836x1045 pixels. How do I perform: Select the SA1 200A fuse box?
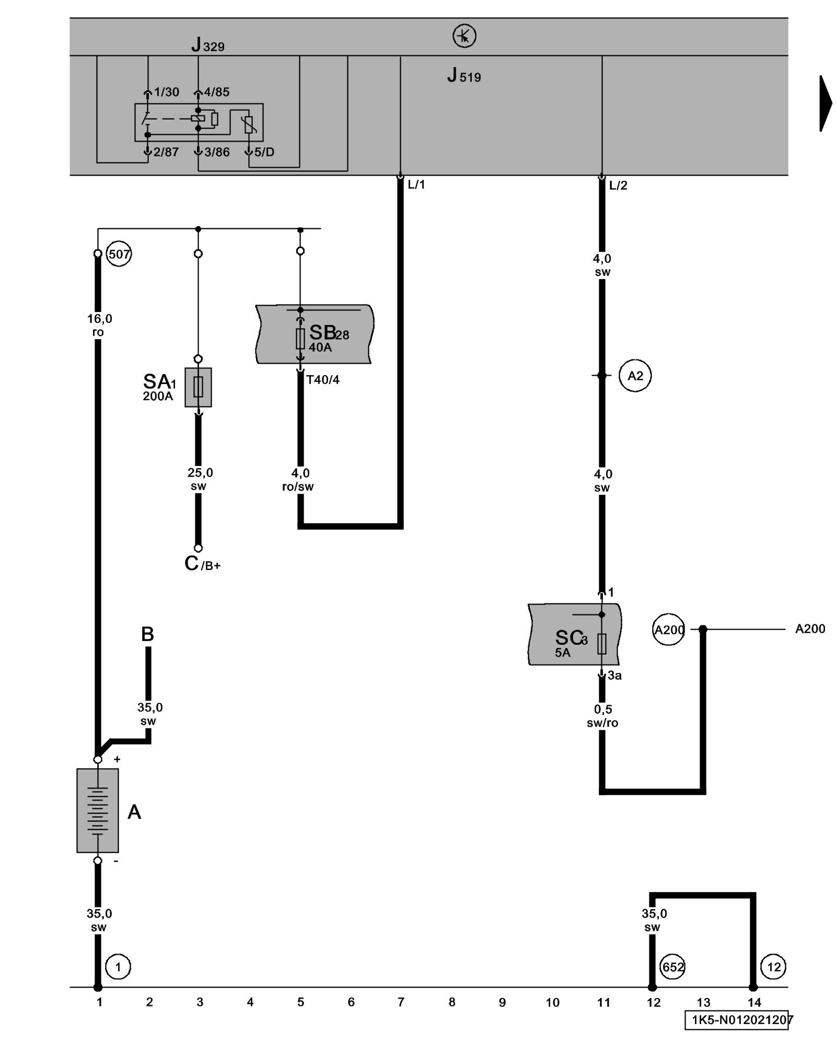pos(198,387)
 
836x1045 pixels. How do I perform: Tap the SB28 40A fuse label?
pos(329,338)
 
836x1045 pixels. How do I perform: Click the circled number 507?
pos(119,254)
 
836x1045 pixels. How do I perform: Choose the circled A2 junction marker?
pos(635,376)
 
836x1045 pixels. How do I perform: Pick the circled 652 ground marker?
pos(672,967)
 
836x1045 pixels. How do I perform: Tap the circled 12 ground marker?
pos(773,967)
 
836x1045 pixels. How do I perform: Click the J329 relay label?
pos(207,45)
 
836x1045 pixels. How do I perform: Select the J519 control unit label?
pos(464,76)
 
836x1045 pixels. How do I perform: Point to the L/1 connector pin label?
pos(416,184)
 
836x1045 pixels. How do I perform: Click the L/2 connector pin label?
pos(618,185)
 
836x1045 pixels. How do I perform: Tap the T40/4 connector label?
pos(322,380)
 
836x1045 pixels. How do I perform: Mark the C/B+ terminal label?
pos(202,564)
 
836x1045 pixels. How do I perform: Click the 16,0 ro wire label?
pos(99,325)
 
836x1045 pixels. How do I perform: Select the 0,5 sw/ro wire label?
pos(602,716)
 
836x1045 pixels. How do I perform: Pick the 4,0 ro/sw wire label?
pos(298,480)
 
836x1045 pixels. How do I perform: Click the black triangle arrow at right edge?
pos(825,103)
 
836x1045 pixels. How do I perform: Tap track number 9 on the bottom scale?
pos(502,1002)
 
